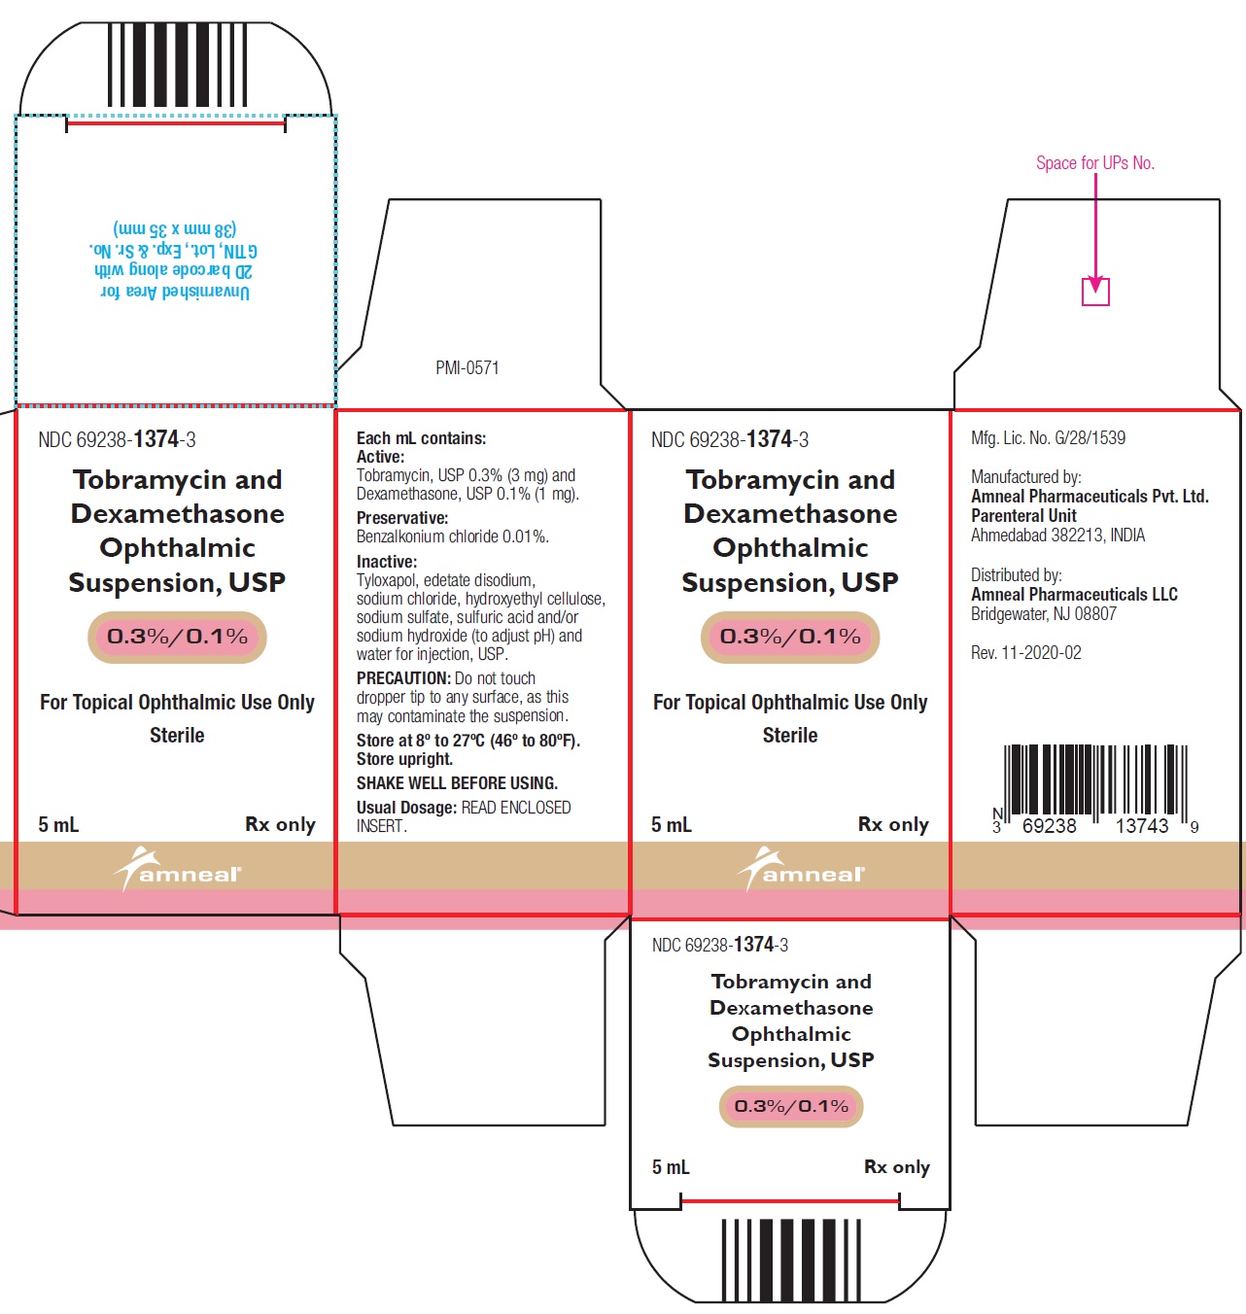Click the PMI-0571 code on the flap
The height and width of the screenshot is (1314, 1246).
[467, 367]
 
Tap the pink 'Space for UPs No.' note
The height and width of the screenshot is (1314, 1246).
[1095, 163]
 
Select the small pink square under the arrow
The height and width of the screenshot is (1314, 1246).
[1095, 293]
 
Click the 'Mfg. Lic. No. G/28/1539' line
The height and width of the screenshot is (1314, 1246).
[1048, 437]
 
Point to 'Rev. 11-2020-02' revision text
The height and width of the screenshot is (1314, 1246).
[1026, 652]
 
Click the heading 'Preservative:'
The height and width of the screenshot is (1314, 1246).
[402, 517]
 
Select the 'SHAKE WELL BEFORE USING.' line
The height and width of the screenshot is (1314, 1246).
[457, 782]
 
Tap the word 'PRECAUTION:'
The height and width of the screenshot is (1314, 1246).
[403, 677]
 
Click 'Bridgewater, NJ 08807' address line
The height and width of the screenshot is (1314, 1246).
[1044, 613]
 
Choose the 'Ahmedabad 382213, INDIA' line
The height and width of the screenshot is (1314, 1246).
[1057, 535]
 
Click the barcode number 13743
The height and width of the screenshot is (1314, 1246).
[1142, 826]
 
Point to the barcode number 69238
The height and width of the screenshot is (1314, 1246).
[1049, 826]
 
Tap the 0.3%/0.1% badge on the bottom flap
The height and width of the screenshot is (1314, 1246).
[791, 1106]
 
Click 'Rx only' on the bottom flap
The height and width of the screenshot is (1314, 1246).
[897, 1167]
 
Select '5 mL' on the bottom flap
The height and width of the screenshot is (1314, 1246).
[671, 1167]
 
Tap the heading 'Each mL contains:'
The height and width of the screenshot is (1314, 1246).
[421, 437]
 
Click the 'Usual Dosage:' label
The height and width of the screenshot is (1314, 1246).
[405, 808]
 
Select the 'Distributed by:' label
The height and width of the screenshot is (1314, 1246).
[1016, 574]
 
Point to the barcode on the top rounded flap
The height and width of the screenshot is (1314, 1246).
[177, 65]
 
